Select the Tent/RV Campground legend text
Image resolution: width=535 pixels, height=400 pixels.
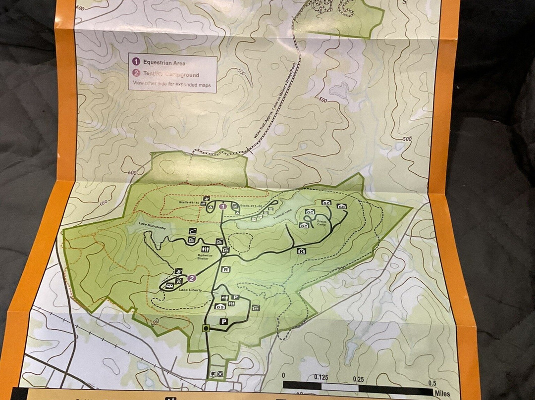coord(171,75)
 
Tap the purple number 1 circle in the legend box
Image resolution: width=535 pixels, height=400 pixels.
coord(136,62)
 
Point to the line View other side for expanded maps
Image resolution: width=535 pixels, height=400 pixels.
coord(171,85)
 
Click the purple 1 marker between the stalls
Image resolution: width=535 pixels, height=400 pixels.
coord(223,206)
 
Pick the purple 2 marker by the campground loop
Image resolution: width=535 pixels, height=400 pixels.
coord(192,279)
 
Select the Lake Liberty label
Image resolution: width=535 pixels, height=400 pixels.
coord(190,290)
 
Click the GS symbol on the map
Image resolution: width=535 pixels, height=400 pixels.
coord(220,307)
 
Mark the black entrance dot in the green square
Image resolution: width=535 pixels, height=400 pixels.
coord(206,328)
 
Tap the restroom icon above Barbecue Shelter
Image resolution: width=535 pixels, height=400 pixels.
coord(206,248)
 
